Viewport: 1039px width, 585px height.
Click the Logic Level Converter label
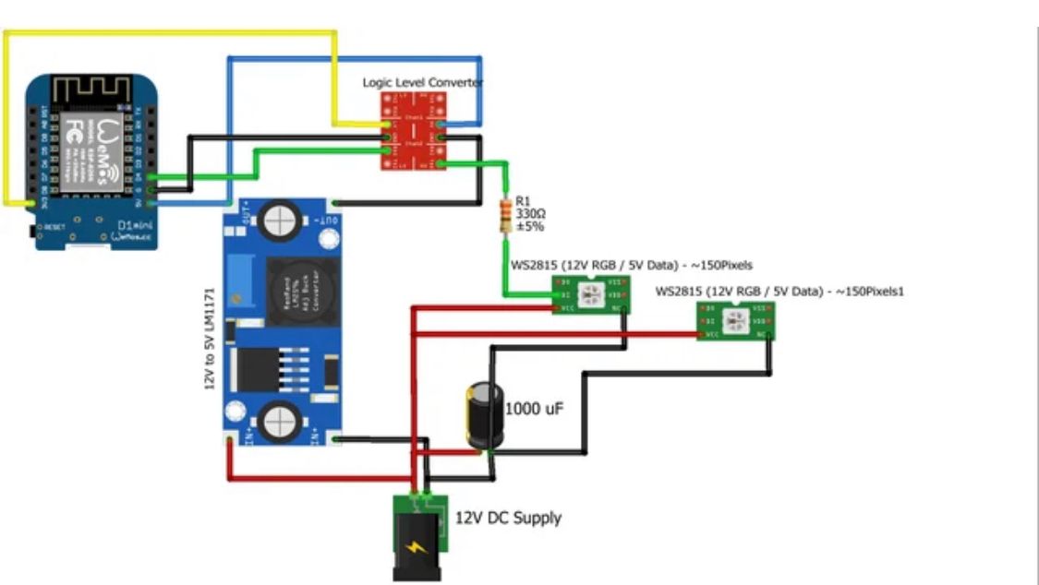coord(422,82)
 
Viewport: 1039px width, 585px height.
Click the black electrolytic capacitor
coord(483,416)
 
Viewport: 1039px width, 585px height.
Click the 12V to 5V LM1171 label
coord(210,338)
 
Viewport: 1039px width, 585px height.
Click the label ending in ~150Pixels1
coord(779,292)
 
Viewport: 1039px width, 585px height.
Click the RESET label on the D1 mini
coord(53,226)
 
